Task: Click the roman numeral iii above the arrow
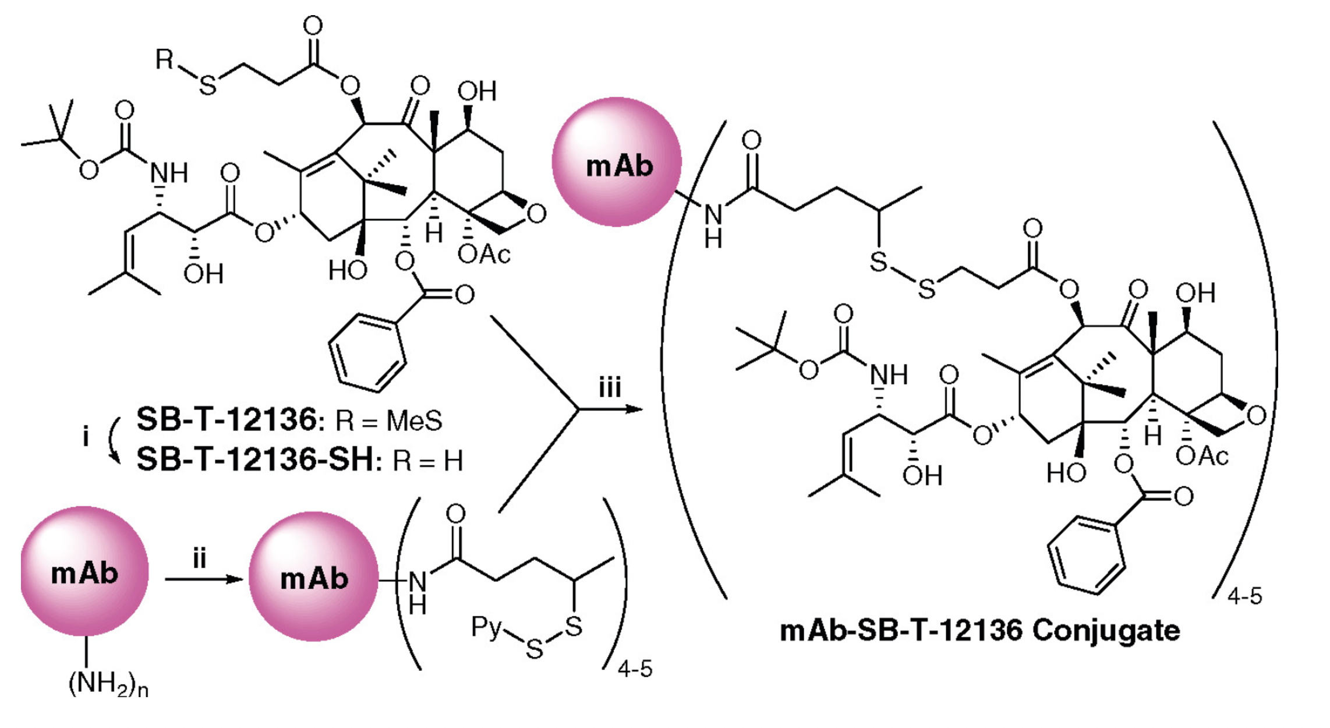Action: [610, 388]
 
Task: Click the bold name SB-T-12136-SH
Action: [254, 460]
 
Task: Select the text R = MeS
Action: [389, 420]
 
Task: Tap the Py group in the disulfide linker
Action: [486, 628]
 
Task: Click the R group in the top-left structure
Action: [165, 59]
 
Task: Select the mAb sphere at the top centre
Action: [617, 162]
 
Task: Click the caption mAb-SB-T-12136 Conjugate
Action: [979, 631]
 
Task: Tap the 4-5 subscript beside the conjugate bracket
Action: [1244, 596]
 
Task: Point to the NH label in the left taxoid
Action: [169, 173]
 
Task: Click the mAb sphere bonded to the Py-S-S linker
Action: [314, 577]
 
